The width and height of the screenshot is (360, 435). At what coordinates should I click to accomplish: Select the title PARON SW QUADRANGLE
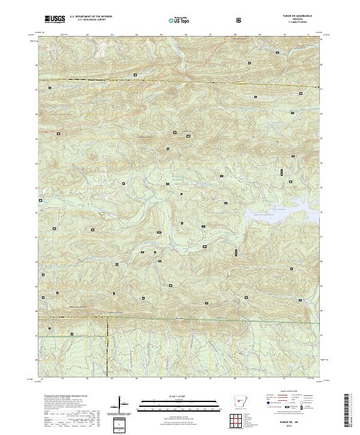[x=292, y=17]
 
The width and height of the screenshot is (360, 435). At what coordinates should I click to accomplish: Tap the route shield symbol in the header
[x=240, y=20]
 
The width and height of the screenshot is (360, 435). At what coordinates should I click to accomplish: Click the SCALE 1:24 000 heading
[x=172, y=395]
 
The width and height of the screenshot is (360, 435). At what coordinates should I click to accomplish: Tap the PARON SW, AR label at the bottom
[x=292, y=419]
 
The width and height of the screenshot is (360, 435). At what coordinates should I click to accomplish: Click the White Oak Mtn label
[x=51, y=112]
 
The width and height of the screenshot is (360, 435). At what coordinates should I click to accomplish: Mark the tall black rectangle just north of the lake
[x=281, y=172]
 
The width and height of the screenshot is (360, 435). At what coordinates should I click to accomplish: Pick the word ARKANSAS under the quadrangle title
[x=292, y=20]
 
